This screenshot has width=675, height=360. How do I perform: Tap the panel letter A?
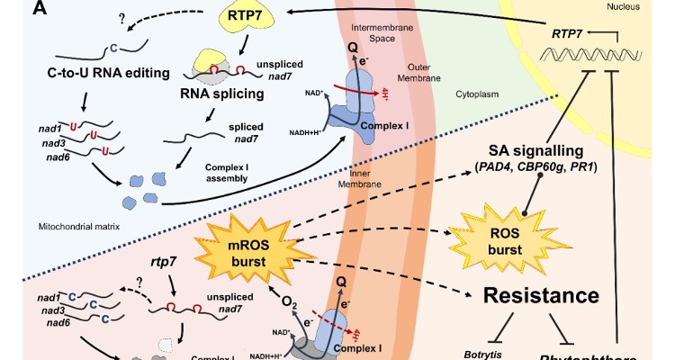point(13,9)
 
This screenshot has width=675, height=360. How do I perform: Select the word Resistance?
point(540,296)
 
